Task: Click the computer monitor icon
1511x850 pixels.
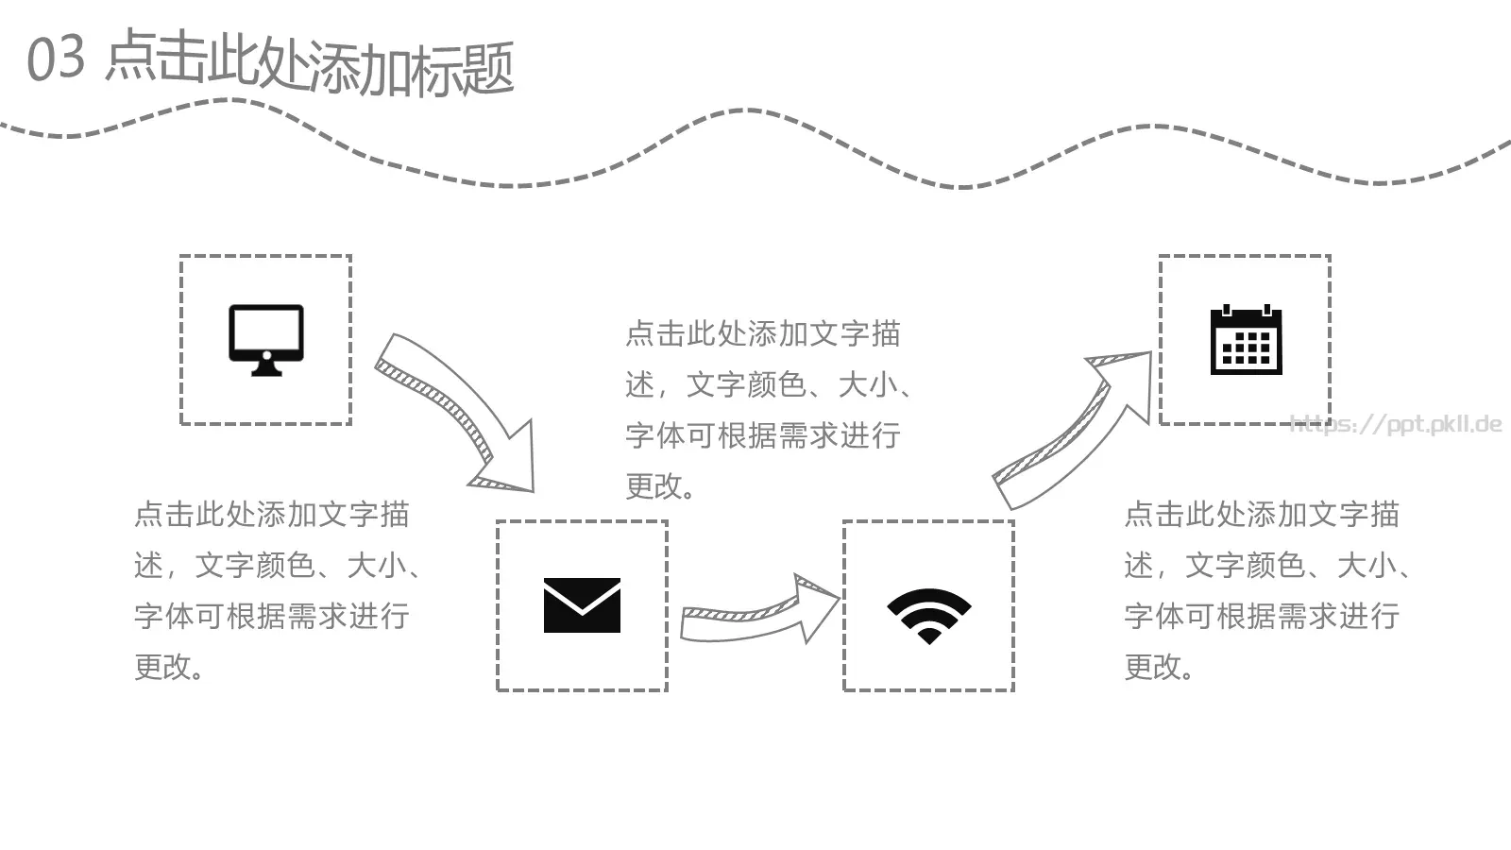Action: click(266, 338)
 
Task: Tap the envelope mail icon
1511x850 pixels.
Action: click(582, 605)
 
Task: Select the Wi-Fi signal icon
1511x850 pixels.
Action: click(928, 615)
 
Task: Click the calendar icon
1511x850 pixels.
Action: click(1246, 340)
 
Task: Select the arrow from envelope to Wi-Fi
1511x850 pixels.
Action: click(755, 614)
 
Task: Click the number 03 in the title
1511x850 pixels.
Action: click(56, 59)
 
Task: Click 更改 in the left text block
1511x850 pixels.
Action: click(165, 667)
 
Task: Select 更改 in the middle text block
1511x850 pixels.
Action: click(656, 486)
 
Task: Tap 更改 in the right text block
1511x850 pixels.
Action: click(1155, 667)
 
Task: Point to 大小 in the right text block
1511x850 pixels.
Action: click(1367, 566)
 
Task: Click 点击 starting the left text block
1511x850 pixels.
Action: click(164, 515)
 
